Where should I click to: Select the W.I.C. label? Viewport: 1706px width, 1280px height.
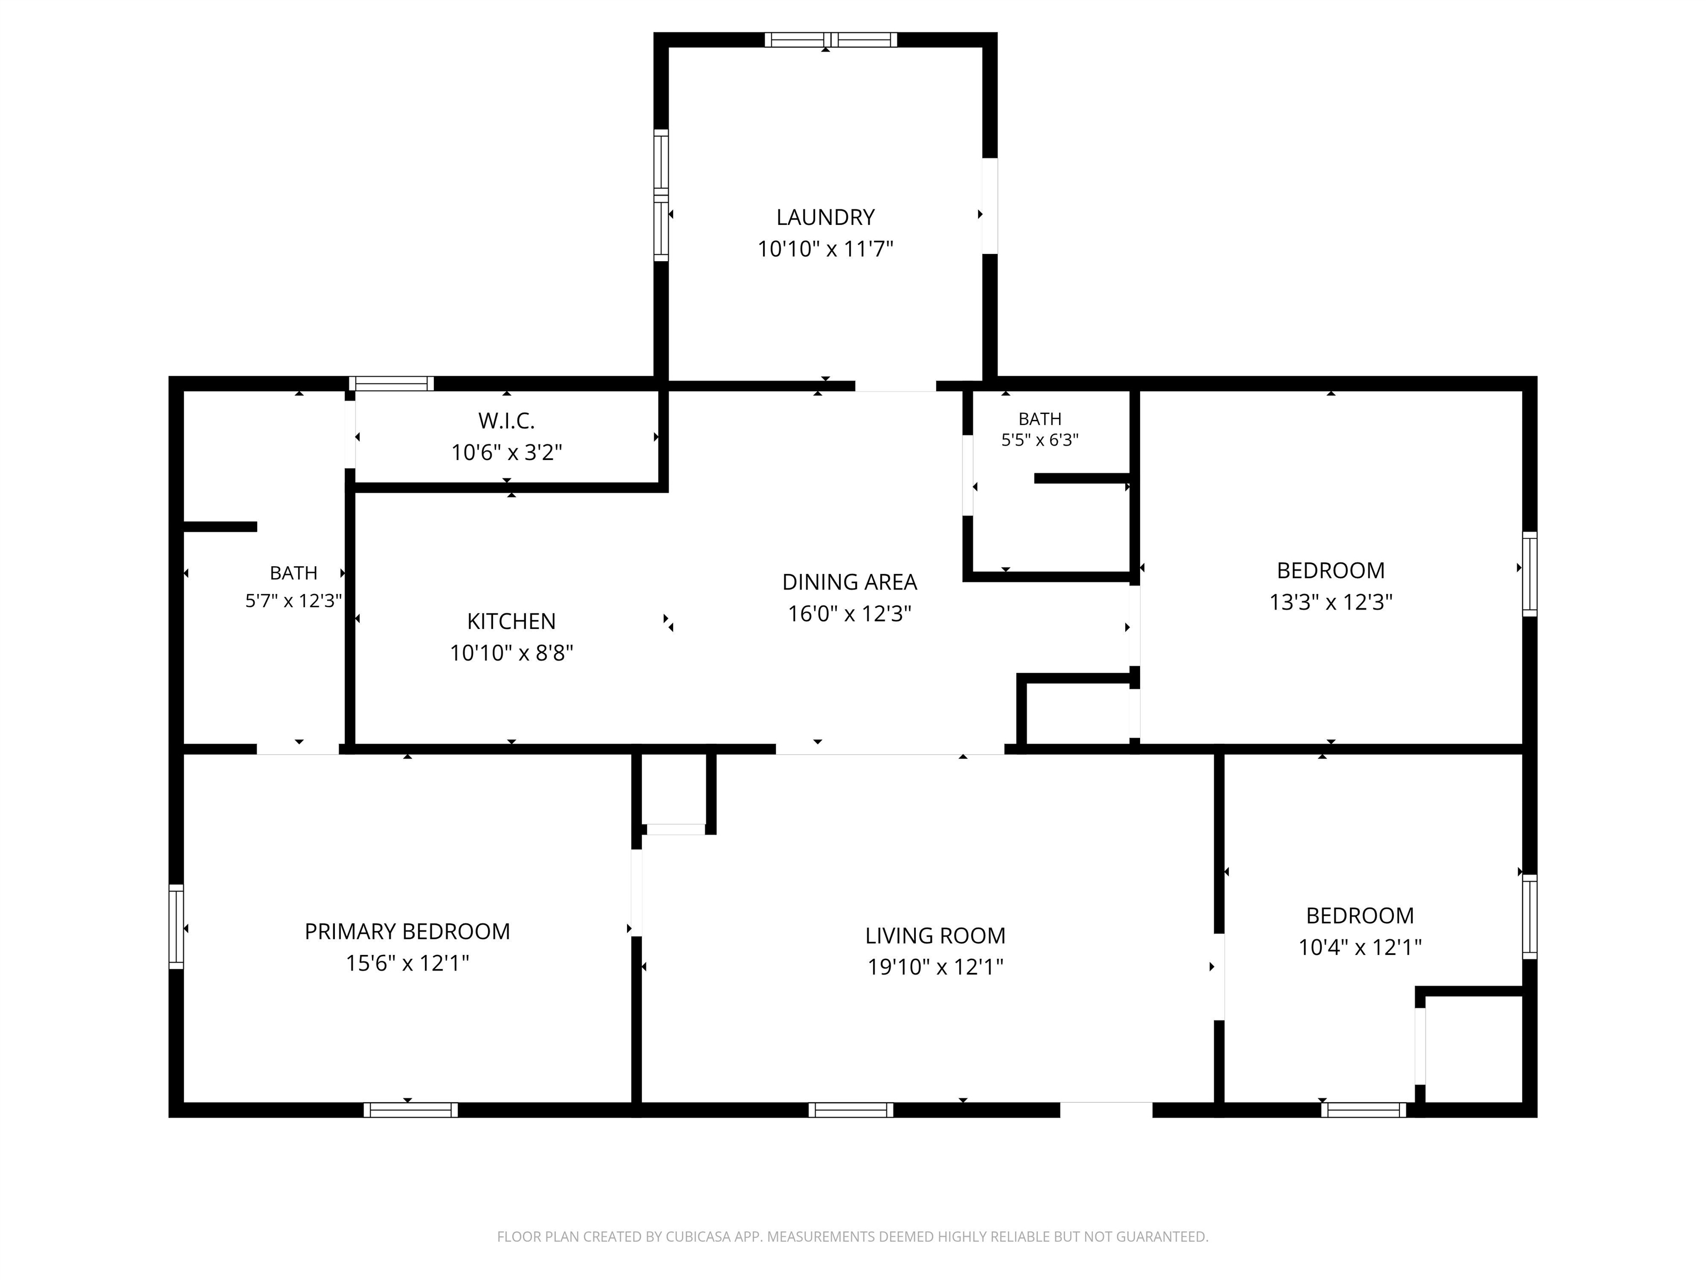pos(506,421)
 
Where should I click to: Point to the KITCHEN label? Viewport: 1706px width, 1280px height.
pos(511,621)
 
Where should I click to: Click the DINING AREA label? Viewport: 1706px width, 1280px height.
pos(849,582)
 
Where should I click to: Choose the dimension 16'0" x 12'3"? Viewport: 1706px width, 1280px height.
pos(849,613)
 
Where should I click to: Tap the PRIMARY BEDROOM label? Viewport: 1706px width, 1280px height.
pos(407,931)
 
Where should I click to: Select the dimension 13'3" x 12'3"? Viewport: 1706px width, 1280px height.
pos(1331,602)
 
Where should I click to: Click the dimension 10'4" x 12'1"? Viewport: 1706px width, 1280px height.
pos(1359,947)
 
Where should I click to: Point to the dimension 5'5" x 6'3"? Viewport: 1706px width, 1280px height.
pos(1040,440)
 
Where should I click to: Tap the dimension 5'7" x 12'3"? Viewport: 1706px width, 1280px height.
pos(293,600)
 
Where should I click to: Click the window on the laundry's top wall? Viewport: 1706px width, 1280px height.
pos(831,40)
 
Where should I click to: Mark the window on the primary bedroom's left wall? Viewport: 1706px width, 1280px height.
pos(177,927)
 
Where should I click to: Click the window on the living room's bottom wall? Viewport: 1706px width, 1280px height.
pos(851,1109)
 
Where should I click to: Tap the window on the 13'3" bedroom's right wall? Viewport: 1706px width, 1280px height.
pos(1529,574)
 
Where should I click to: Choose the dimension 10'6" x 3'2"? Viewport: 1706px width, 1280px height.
pos(506,452)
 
